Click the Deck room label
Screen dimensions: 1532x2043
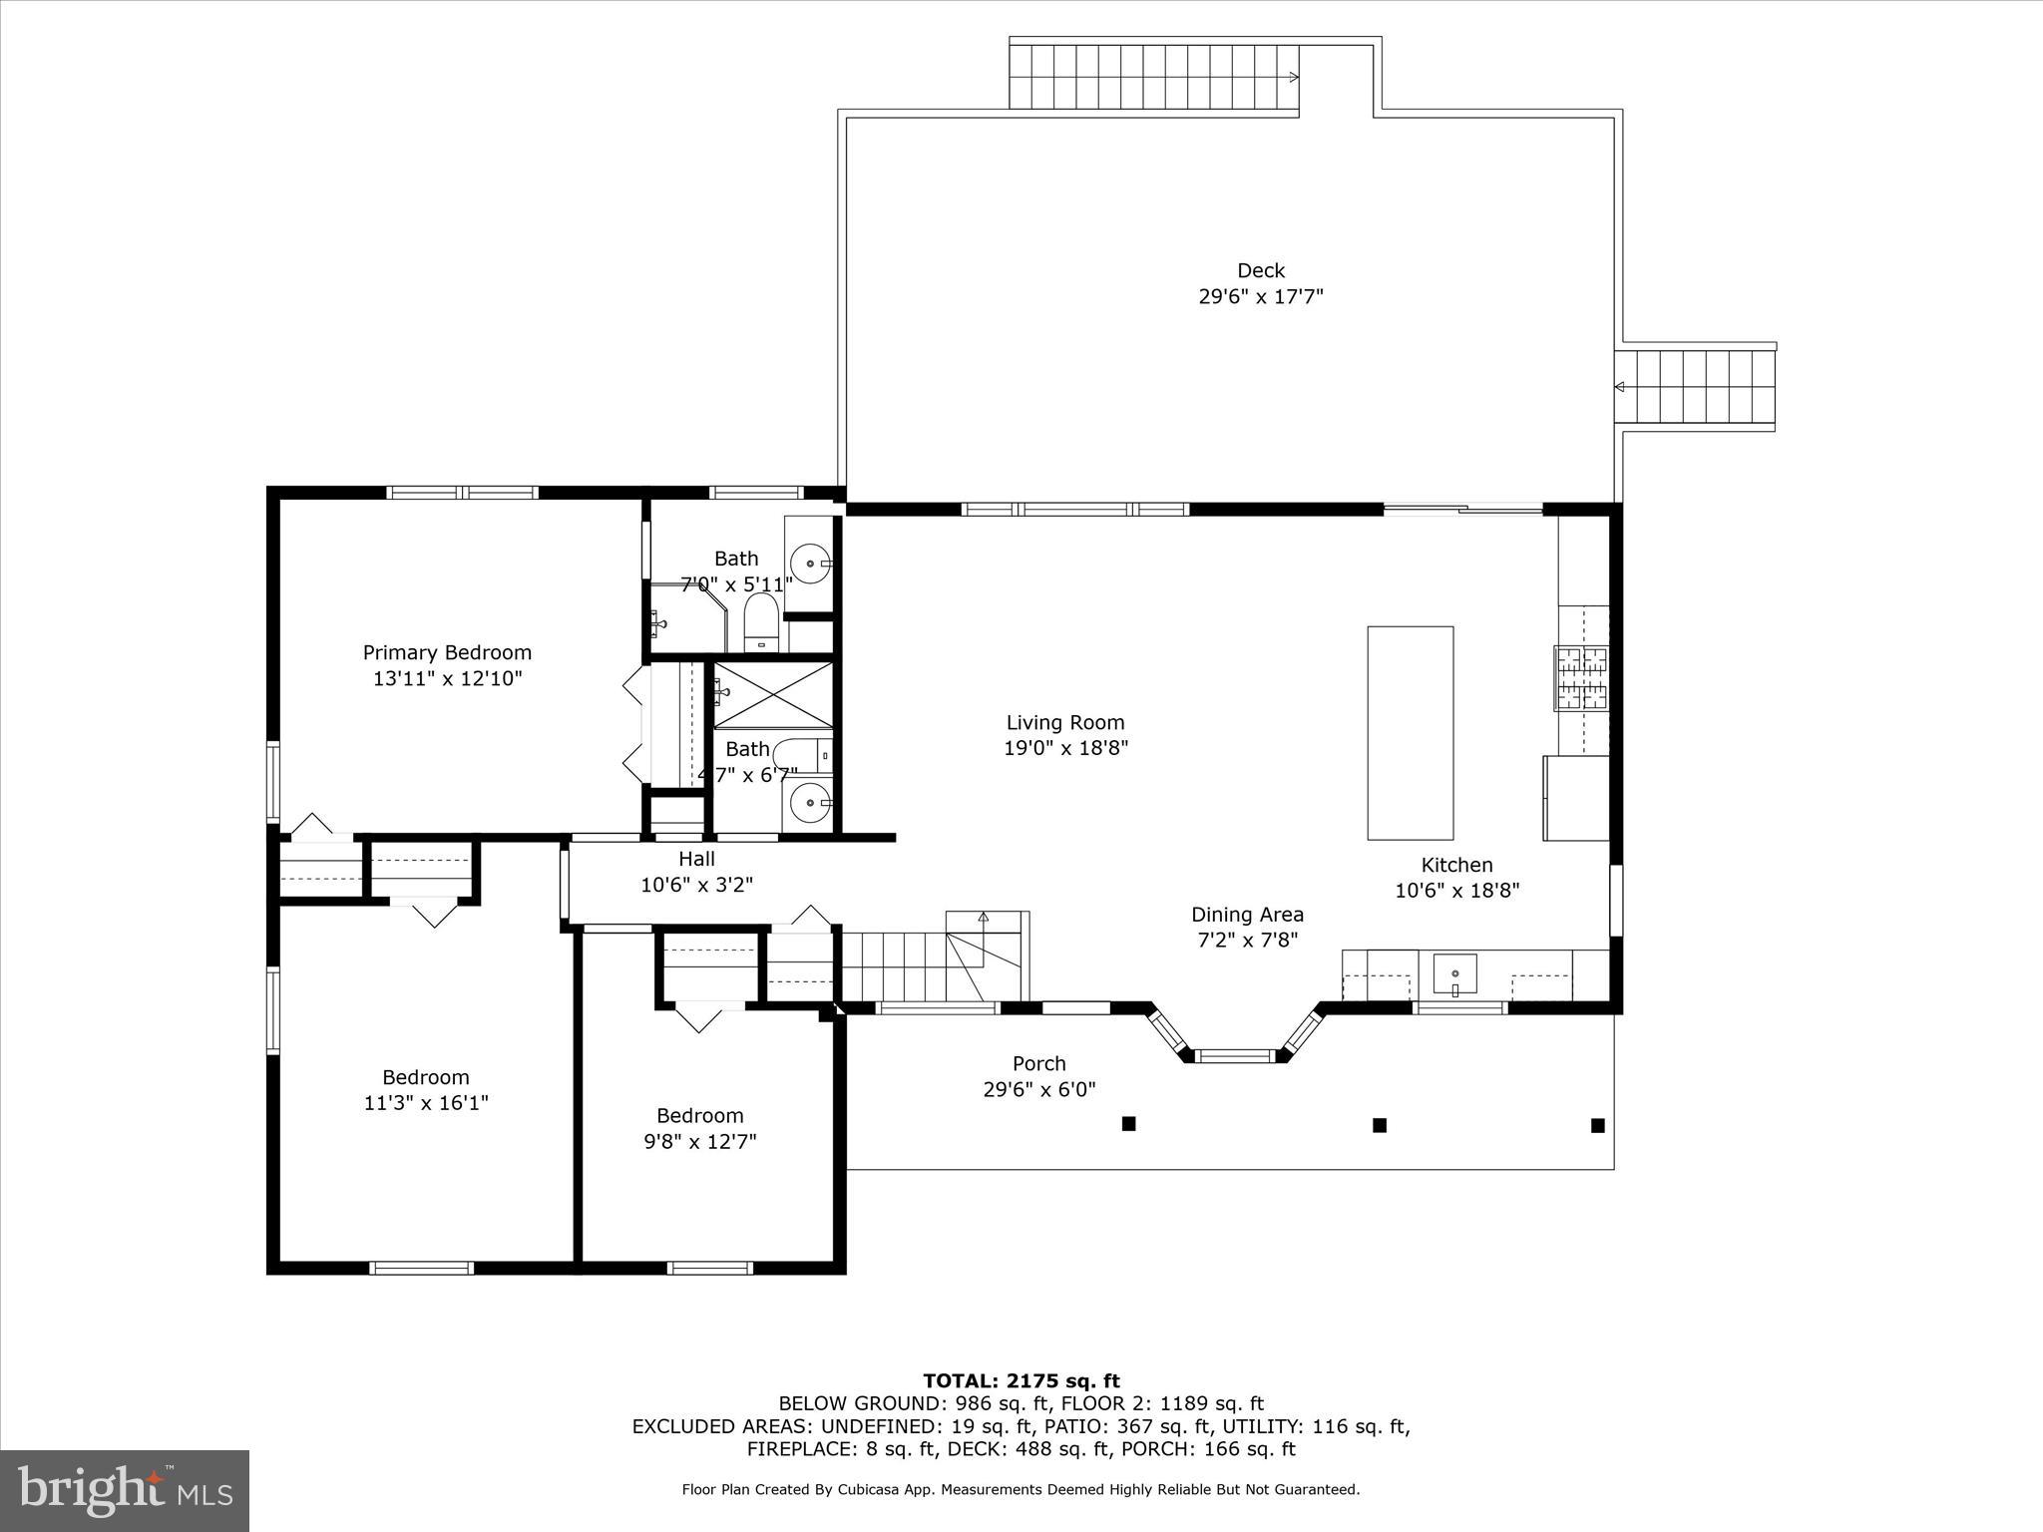pos(1260,270)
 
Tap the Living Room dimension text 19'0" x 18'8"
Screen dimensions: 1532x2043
pos(1065,748)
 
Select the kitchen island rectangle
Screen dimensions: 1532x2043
pos(1410,733)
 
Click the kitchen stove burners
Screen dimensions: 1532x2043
pos(1581,678)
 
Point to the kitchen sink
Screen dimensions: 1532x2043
pos(1454,973)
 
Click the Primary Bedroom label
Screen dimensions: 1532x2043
pos(447,652)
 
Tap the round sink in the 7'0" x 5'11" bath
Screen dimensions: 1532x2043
pos(810,564)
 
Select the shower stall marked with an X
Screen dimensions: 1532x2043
pos(773,694)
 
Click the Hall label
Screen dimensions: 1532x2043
pos(696,859)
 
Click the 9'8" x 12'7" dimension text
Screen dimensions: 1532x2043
pos(699,1141)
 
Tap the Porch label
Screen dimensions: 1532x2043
pos(1038,1063)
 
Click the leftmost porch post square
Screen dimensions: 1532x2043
pos(1128,1123)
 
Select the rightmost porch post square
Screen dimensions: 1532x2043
pos(1597,1125)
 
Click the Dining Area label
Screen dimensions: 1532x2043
pos(1247,915)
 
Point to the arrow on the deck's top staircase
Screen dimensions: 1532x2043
pos(1294,77)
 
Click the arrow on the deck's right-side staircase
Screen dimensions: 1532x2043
pos(1620,387)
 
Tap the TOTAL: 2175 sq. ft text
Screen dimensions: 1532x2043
pos(1021,1381)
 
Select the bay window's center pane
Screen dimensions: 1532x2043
pos(1235,1055)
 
